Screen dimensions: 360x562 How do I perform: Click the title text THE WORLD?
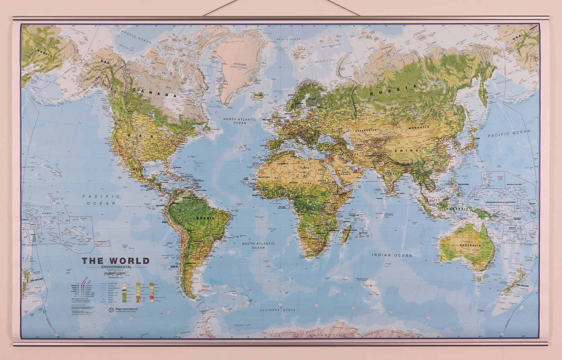pyautogui.click(x=116, y=261)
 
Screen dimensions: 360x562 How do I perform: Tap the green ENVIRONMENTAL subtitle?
pyautogui.click(x=116, y=267)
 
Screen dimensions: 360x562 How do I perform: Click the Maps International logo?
pyautogui.click(x=123, y=309)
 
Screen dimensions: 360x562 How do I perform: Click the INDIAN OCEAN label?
pyautogui.click(x=392, y=255)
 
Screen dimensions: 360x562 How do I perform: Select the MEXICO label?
pyautogui.click(x=138, y=169)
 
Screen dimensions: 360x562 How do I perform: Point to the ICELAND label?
pyautogui.click(x=259, y=95)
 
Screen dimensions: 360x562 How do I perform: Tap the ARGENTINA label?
pyautogui.click(x=192, y=264)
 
